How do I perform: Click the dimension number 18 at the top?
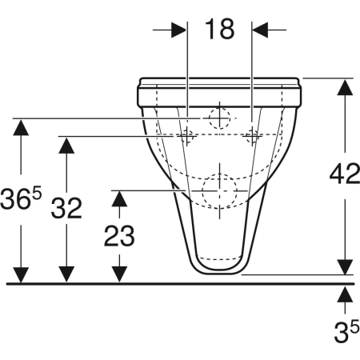(x=220, y=29)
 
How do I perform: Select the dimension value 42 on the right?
(x=345, y=174)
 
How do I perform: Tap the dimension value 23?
(x=119, y=235)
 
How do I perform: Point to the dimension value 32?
(x=66, y=208)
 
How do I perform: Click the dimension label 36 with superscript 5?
(x=21, y=198)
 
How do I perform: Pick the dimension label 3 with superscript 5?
(x=346, y=331)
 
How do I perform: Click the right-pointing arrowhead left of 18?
(x=178, y=30)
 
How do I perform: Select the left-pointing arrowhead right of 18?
(x=260, y=30)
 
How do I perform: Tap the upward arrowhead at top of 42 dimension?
(x=345, y=87)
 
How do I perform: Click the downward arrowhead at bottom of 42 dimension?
(x=345, y=267)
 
